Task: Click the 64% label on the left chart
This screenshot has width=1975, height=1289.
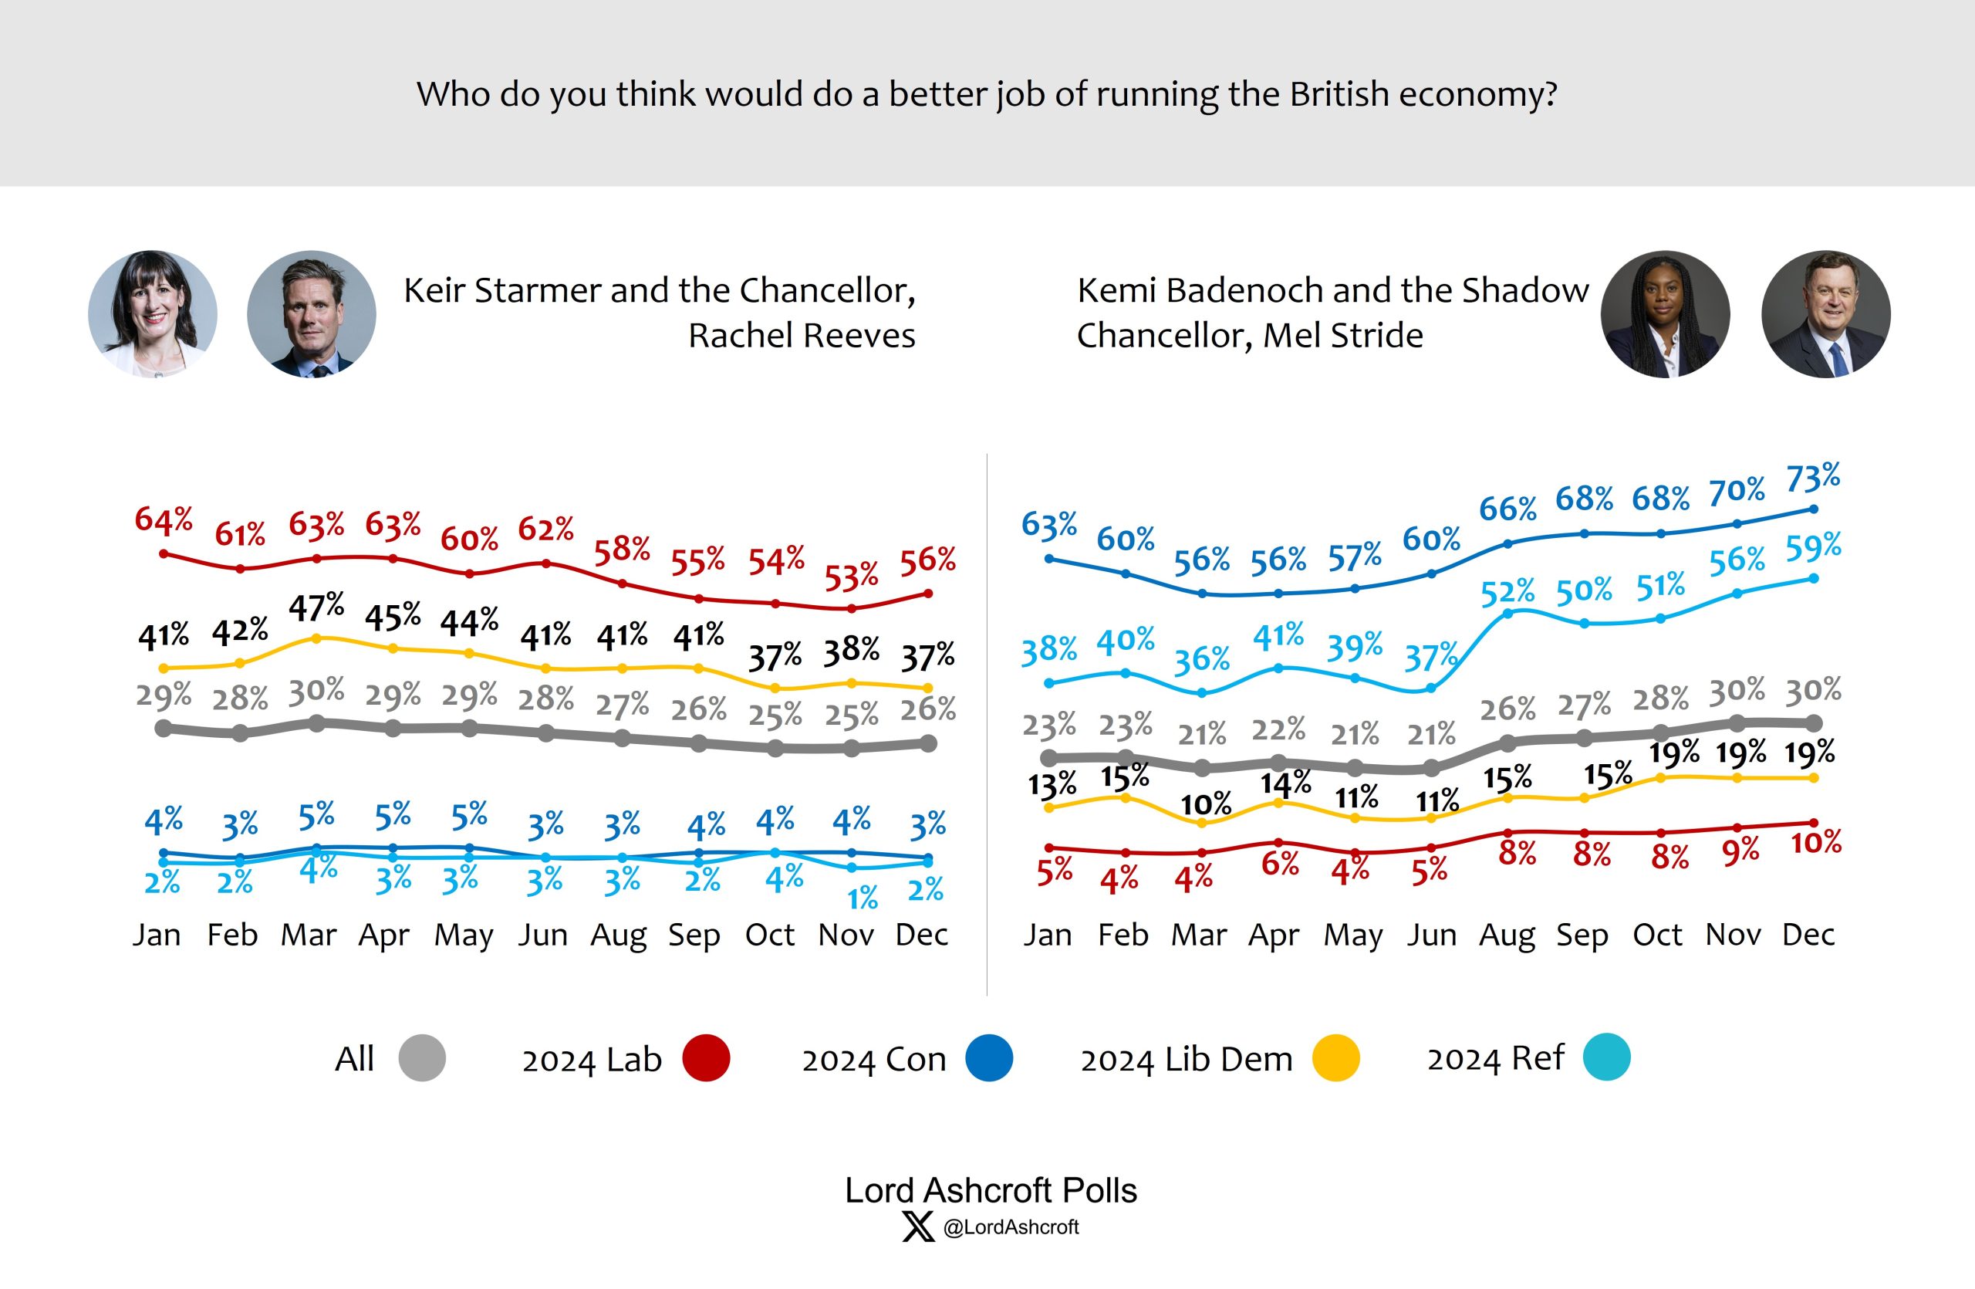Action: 164,520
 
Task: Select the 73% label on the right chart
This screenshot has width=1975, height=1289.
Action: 1812,479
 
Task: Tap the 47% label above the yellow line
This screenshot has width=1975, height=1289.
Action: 316,607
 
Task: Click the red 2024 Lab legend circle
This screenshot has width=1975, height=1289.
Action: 706,1058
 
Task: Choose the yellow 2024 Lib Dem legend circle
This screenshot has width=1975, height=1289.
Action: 1336,1058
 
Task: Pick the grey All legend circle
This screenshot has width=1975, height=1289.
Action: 422,1058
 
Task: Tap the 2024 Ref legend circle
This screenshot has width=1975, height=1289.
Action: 1606,1057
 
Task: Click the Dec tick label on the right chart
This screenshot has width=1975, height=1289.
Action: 1808,935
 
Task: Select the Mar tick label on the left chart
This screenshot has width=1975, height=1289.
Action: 308,935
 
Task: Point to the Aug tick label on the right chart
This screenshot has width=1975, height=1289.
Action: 1507,935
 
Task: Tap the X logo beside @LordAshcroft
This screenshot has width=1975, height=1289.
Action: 918,1226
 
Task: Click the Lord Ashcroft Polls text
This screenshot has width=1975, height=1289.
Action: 990,1190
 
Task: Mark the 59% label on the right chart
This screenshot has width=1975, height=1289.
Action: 1813,547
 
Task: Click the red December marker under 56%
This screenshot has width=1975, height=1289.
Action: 929,594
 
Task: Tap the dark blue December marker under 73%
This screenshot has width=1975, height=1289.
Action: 1813,509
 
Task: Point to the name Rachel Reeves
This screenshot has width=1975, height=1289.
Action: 802,335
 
